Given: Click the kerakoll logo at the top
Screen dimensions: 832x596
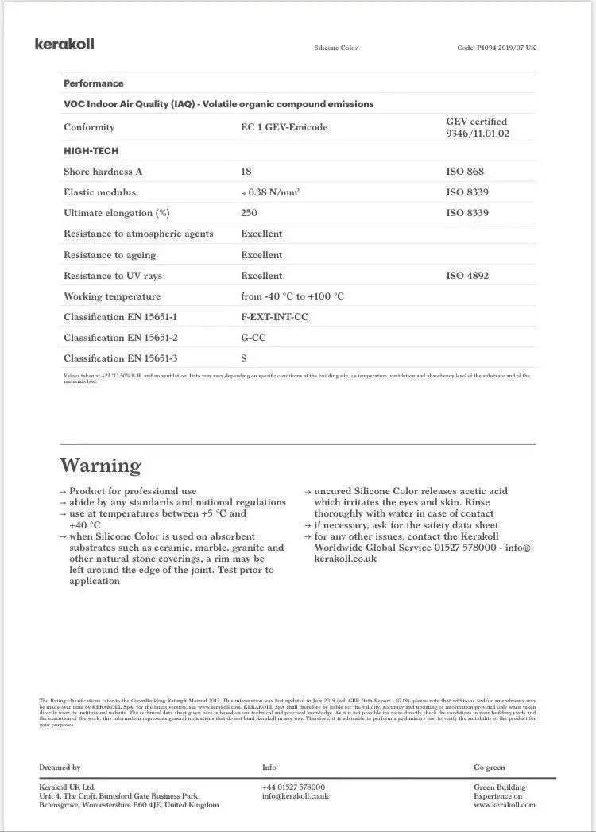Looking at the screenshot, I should point(64,44).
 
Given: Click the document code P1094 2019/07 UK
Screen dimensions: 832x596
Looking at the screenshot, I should point(496,48).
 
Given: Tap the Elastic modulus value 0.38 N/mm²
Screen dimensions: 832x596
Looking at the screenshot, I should point(270,192).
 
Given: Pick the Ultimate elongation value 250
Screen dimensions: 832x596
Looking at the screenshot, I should point(249,213).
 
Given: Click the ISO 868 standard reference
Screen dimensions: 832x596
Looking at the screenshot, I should point(465,172).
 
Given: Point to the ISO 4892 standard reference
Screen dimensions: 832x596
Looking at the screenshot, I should point(467,276).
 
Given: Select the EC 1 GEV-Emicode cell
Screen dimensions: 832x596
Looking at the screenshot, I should point(284,127).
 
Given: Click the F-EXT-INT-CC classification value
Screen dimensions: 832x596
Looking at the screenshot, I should point(274,317).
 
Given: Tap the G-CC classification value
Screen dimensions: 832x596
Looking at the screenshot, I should point(253,338).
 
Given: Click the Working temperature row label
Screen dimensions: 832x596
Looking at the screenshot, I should point(112,296).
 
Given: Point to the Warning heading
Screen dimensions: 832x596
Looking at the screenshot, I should point(100,465).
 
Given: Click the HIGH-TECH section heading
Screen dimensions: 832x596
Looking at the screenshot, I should point(91,151).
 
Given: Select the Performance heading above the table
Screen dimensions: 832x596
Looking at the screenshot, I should point(94,83).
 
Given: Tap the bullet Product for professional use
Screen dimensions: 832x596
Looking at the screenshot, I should point(133,491).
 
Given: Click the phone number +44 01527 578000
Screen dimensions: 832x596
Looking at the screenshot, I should point(293,787).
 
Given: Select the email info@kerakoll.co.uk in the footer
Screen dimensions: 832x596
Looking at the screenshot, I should point(295,795).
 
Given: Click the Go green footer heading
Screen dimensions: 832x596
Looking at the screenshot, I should point(489,768).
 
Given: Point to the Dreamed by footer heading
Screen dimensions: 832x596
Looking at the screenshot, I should point(60,768).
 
